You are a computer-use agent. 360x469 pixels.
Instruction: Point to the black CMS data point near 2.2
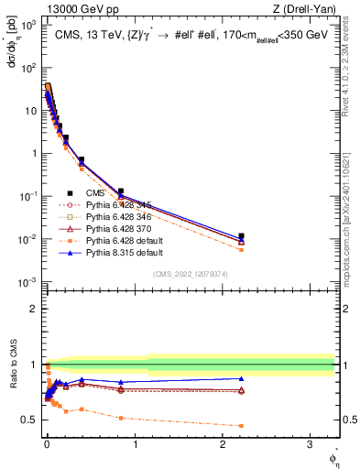coord(241,236)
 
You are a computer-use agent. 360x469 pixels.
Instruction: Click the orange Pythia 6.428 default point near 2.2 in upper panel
coord(241,249)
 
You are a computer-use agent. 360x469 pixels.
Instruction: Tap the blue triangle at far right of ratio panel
coord(241,378)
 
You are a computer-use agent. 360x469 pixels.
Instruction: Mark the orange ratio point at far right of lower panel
coord(241,426)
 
